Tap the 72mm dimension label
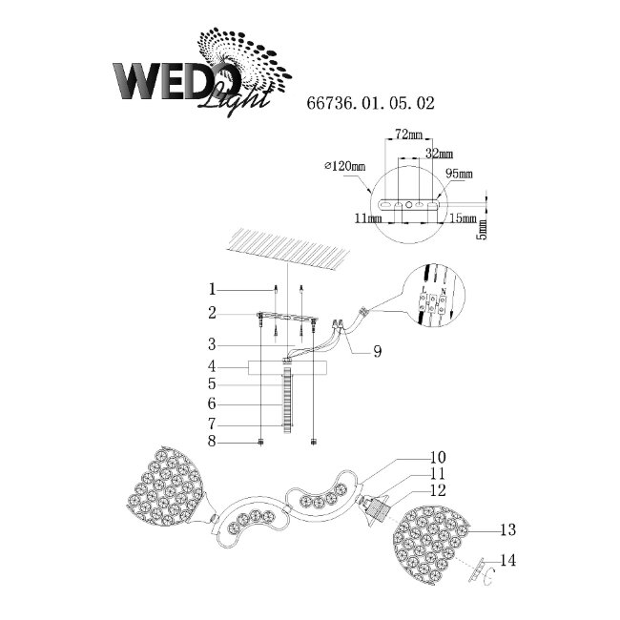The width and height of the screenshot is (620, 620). [x=408, y=135]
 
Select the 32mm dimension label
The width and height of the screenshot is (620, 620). [x=439, y=154]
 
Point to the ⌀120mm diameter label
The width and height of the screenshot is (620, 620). [x=344, y=166]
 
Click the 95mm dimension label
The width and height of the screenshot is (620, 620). [x=460, y=174]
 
